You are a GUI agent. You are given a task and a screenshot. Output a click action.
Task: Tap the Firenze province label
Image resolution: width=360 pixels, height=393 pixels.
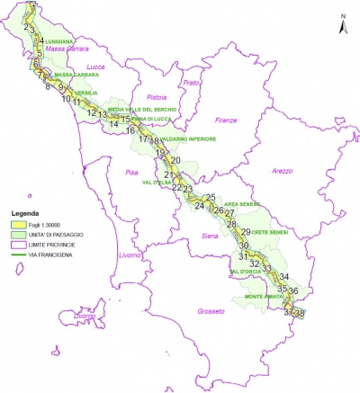pyautogui.click(x=224, y=119)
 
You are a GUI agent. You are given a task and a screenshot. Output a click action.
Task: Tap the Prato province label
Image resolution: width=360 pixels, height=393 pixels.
pyautogui.click(x=190, y=84)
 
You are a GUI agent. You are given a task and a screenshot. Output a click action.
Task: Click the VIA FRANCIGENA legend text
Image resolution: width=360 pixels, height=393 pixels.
pyautogui.click(x=53, y=255)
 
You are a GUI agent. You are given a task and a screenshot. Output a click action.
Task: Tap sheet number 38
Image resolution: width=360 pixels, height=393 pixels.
pyautogui.click(x=300, y=313)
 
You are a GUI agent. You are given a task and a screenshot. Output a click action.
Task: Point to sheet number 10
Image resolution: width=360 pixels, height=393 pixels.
pyautogui.click(x=66, y=99)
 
